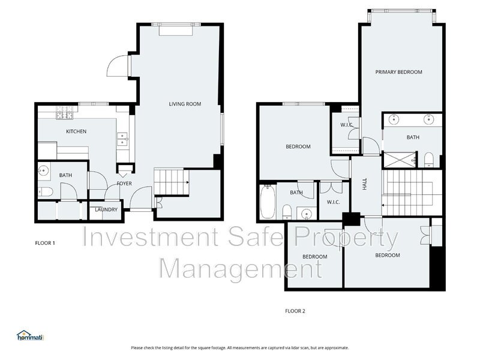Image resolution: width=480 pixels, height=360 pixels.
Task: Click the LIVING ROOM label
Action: [x=184, y=104]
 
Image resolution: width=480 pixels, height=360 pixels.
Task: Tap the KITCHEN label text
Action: [x=76, y=131]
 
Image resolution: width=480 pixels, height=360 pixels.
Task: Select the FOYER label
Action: [x=124, y=183]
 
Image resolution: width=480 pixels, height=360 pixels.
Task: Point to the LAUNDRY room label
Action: [x=106, y=209]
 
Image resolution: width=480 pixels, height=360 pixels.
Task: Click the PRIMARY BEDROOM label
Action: [x=398, y=72]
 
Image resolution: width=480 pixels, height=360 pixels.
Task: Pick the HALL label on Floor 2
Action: [x=364, y=185]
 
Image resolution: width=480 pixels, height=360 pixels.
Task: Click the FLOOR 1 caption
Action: [x=45, y=243]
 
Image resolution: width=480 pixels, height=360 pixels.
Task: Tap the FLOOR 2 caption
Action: [x=295, y=311]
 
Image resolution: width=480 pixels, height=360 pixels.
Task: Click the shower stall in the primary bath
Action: [x=400, y=159]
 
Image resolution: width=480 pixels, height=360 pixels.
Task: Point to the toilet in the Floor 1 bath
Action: [x=46, y=192]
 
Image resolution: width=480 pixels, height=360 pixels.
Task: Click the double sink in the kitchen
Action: [x=122, y=139]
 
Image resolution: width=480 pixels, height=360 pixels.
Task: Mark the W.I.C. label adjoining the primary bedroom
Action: [x=346, y=125]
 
